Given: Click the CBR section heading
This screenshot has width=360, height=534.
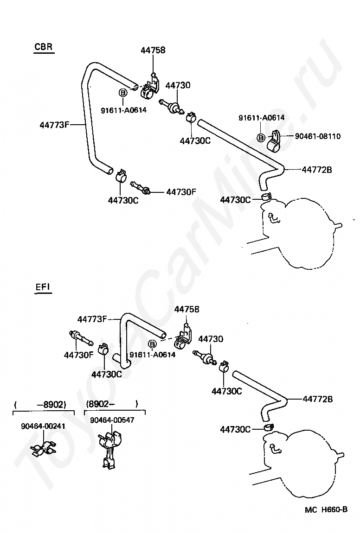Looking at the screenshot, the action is click(44, 46).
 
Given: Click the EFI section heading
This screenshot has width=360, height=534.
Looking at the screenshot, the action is click(43, 287).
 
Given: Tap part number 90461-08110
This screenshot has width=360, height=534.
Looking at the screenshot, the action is click(317, 136).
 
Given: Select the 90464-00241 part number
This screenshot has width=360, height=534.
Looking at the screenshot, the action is click(43, 426).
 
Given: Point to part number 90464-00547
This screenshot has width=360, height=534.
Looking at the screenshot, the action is click(112, 420).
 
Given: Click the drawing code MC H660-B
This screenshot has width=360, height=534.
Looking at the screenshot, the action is click(326, 509).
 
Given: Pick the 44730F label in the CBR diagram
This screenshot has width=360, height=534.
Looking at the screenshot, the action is click(181, 192).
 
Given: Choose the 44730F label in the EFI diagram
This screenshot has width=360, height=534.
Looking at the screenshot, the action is click(78, 355).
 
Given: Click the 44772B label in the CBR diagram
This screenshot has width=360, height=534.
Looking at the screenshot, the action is click(317, 170).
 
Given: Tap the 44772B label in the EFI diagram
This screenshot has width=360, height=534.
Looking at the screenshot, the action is click(317, 399).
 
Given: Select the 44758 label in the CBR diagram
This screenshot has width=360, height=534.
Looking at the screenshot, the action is click(153, 51).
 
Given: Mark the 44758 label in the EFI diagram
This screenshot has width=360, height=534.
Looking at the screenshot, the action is click(186, 309).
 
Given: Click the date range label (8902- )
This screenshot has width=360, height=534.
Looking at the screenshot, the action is click(112, 404).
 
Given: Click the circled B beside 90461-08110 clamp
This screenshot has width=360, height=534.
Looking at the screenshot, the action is click(261, 138).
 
